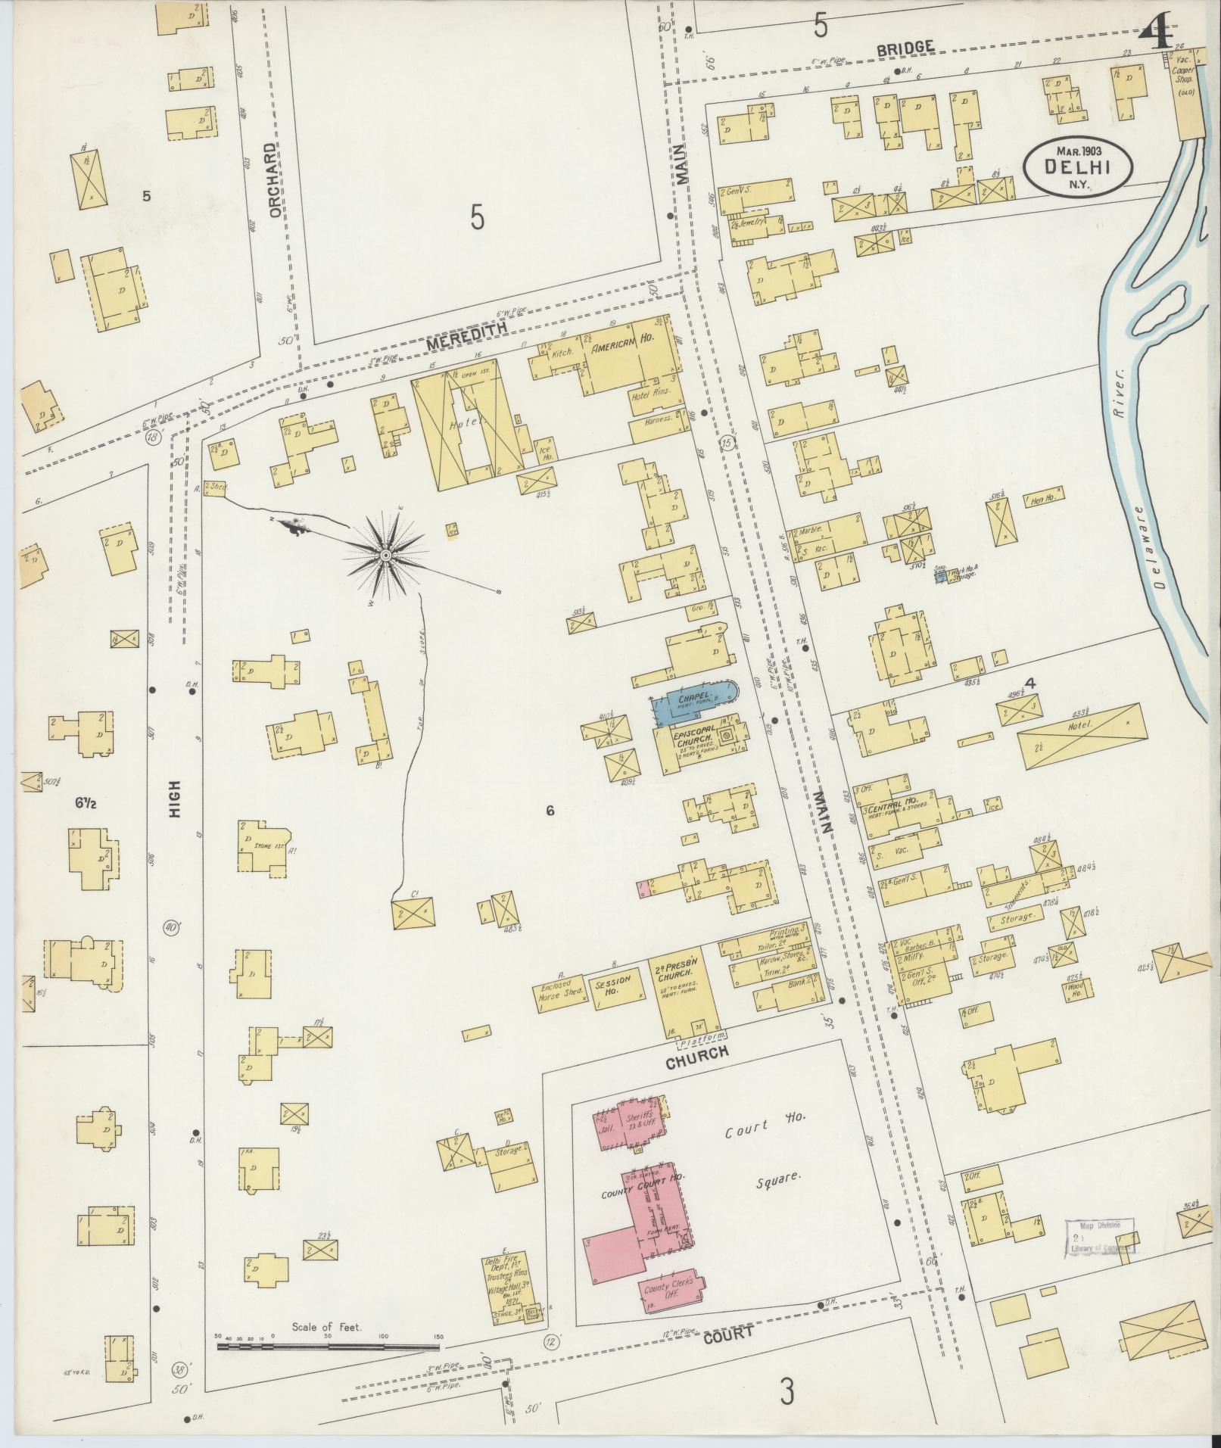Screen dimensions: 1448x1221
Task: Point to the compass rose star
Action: tap(386, 556)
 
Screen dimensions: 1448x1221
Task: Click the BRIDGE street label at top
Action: tap(905, 48)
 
